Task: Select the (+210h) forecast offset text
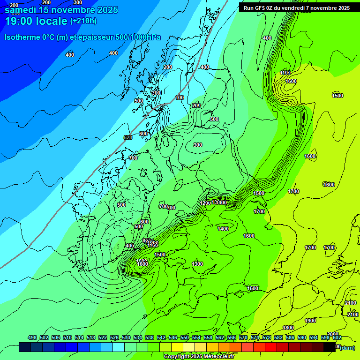(x=83, y=21)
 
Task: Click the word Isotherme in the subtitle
(x=22, y=37)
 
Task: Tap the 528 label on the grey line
(x=127, y=137)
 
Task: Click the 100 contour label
(x=180, y=97)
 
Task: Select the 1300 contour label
(x=197, y=264)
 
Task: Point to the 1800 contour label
(x=288, y=328)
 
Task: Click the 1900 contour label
(x=310, y=321)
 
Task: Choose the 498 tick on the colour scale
(x=32, y=337)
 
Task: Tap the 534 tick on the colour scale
(x=138, y=337)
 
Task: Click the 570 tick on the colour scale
(x=243, y=337)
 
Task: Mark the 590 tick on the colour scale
(x=302, y=337)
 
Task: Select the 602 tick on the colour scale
(x=337, y=337)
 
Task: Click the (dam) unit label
(x=347, y=347)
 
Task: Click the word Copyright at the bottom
(x=178, y=356)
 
